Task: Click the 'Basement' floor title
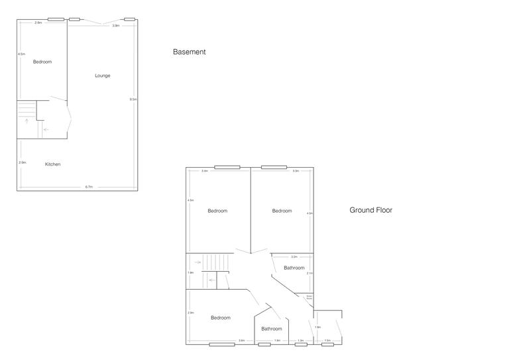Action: [x=189, y=52]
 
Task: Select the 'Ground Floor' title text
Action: [x=370, y=210]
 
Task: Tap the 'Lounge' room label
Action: [x=102, y=76]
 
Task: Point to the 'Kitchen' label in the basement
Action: [x=53, y=164]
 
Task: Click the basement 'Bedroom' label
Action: [x=42, y=62]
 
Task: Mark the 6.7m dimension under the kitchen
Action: [x=89, y=187]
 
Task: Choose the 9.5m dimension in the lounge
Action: [x=133, y=99]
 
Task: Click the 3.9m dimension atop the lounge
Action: [x=116, y=26]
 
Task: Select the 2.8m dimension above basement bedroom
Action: [x=38, y=23]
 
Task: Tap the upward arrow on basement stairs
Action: [x=27, y=121]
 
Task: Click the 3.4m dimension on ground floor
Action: [x=205, y=171]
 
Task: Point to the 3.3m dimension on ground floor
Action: [x=296, y=171]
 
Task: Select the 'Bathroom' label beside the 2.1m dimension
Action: [x=294, y=268]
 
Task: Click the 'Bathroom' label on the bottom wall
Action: [x=271, y=329]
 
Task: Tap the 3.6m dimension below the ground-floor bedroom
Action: [x=242, y=341]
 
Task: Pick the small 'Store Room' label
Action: [x=309, y=298]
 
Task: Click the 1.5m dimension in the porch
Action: [x=327, y=341]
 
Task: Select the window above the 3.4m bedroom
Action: [x=227, y=167]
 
